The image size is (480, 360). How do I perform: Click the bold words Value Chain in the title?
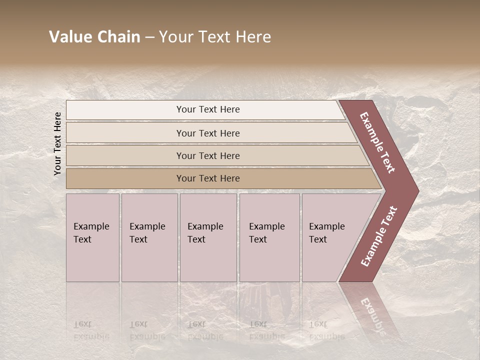click(x=94, y=37)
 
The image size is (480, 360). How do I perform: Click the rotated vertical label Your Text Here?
click(x=57, y=143)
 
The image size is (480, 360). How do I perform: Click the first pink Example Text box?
click(x=92, y=237)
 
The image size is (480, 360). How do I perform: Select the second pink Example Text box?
click(x=149, y=237)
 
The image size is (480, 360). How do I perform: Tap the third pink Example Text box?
click(x=208, y=237)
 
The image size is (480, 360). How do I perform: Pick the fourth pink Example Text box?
click(x=269, y=237)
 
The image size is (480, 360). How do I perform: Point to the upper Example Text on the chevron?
click(x=377, y=142)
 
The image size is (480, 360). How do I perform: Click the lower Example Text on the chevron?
click(x=379, y=236)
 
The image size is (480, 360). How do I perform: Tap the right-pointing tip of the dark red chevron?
click(x=416, y=191)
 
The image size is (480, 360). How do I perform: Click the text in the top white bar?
click(x=208, y=109)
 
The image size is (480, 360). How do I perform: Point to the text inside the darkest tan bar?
click(x=208, y=178)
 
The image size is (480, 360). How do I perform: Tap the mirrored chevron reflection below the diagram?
click(x=370, y=310)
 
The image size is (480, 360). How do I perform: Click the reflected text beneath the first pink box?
click(x=91, y=330)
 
